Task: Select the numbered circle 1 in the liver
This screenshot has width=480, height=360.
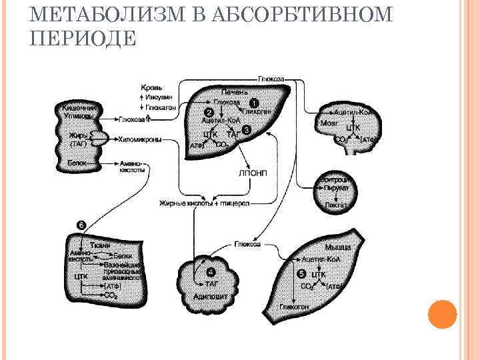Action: click(x=253, y=103)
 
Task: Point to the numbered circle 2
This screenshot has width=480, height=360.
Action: click(x=209, y=112)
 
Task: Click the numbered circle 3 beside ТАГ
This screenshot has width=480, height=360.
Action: click(x=247, y=130)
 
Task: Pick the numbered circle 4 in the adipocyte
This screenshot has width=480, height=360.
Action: click(x=211, y=272)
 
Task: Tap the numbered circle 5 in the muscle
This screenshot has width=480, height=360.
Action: click(x=301, y=273)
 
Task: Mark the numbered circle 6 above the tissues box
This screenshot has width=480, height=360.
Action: click(x=81, y=225)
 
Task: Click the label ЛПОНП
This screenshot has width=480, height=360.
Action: click(x=251, y=173)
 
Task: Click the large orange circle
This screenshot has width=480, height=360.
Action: click(x=441, y=314)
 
